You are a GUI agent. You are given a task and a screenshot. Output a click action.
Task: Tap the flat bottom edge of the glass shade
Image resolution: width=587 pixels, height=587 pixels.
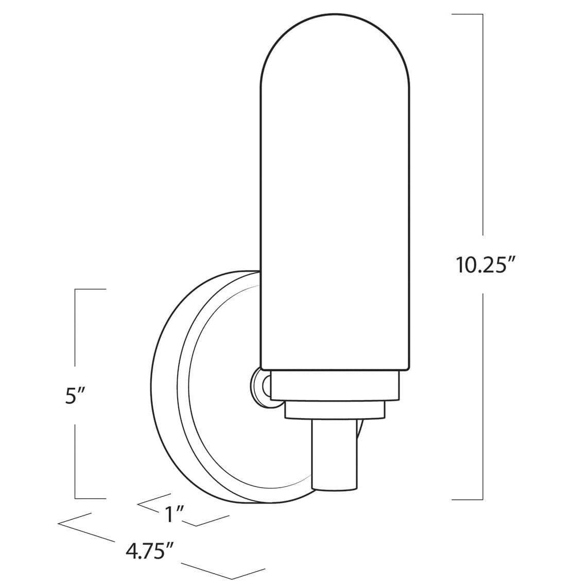click(335, 369)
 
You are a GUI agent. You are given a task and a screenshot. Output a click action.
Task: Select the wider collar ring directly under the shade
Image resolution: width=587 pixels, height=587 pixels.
click(335, 387)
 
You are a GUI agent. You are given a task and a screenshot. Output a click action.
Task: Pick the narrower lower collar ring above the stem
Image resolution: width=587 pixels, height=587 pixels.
click(335, 411)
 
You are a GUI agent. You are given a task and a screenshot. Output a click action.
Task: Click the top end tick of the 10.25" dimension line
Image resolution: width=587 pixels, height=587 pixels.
click(467, 14)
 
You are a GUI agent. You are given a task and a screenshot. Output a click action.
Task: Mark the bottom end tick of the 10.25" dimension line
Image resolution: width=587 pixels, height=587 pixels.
click(467, 498)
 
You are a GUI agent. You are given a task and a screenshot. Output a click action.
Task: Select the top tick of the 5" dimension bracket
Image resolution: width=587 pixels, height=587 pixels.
click(91, 289)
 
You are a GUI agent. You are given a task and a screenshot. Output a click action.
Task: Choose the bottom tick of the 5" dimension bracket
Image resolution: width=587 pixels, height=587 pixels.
click(91, 498)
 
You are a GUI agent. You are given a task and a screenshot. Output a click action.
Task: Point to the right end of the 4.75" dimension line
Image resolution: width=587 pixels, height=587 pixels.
click(264, 569)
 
